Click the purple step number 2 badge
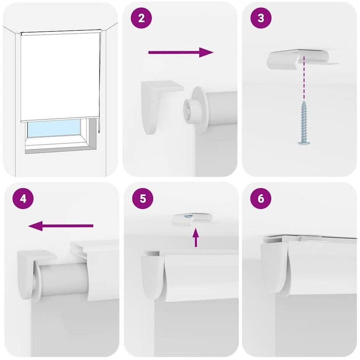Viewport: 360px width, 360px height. pyautogui.click(x=141, y=18)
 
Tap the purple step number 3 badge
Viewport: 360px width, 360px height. pyautogui.click(x=261, y=18)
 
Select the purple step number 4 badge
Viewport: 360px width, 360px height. pyautogui.click(x=23, y=198)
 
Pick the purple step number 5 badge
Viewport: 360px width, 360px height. pyautogui.click(x=143, y=198)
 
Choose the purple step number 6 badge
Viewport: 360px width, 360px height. pyautogui.click(x=261, y=198)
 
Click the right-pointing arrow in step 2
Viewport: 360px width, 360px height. pyautogui.click(x=181, y=52)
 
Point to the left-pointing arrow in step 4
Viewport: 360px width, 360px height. pyautogui.click(x=61, y=226)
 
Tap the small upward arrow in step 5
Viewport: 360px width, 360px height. pyautogui.click(x=196, y=238)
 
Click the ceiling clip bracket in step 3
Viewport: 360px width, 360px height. pyautogui.click(x=302, y=59)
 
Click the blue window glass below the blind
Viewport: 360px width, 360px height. pyautogui.click(x=54, y=128)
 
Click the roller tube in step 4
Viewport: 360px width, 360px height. pyautogui.click(x=64, y=280)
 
